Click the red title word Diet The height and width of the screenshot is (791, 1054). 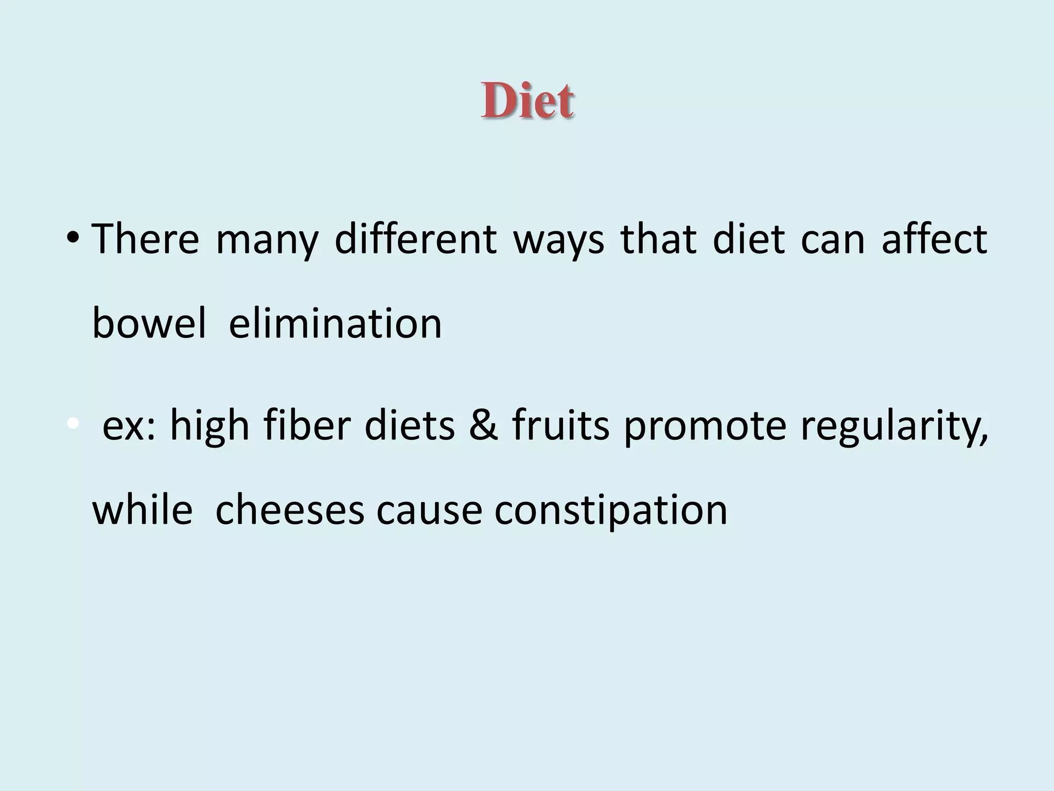(528, 100)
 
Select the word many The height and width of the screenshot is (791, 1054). (267, 240)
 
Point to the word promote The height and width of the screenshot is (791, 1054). (705, 426)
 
